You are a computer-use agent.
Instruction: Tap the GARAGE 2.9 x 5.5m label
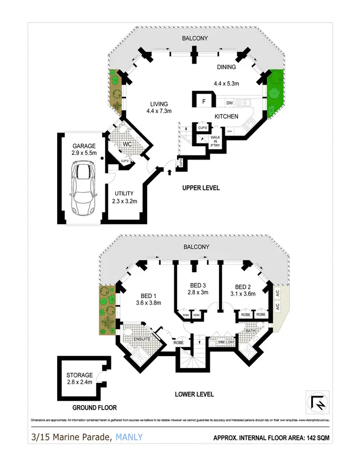pyautogui.click(x=84, y=150)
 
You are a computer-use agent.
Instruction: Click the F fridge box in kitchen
pyautogui.click(x=203, y=102)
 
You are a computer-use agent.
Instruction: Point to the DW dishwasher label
pyautogui.click(x=229, y=102)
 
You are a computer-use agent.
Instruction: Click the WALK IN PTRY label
pyautogui.click(x=215, y=141)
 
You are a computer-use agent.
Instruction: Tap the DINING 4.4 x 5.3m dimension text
pyautogui.click(x=226, y=83)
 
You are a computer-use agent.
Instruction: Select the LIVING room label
pyautogui.click(x=159, y=108)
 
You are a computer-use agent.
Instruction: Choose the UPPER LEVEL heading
pyautogui.click(x=201, y=188)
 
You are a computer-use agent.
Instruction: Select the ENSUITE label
pyautogui.click(x=142, y=339)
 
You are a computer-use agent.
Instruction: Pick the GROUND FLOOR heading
pyautogui.click(x=95, y=408)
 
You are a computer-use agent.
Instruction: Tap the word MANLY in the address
pyautogui.click(x=129, y=437)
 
